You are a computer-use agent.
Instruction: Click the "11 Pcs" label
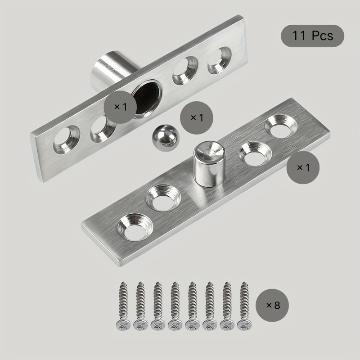[312, 36]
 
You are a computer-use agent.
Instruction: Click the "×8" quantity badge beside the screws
[272, 305]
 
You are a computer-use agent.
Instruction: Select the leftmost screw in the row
[123, 306]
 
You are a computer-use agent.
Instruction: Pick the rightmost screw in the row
[244, 306]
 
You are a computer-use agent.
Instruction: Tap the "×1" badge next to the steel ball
[197, 118]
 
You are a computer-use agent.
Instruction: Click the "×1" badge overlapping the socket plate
[120, 107]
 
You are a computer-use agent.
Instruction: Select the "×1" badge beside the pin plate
[303, 167]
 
